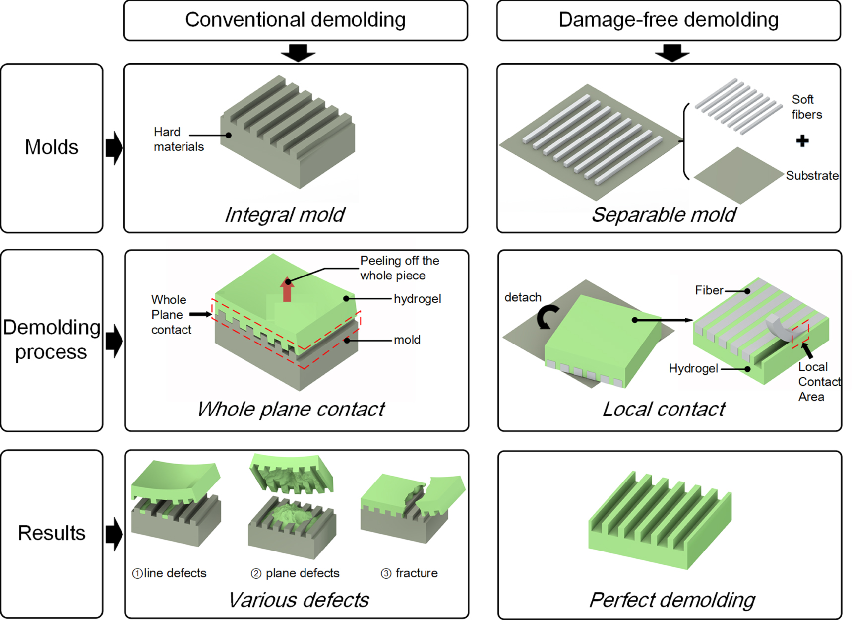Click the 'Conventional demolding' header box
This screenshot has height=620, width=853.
[296, 20]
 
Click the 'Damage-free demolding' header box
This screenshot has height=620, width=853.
[668, 20]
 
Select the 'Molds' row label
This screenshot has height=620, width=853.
[52, 147]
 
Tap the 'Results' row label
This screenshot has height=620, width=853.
[52, 533]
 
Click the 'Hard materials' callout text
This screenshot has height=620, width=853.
[178, 139]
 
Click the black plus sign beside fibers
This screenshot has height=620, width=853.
[802, 141]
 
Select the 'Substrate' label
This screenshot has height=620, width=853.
[811, 175]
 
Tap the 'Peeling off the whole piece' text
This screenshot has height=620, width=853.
[399, 268]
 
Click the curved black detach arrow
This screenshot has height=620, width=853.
[547, 317]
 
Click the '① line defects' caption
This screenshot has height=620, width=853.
[169, 573]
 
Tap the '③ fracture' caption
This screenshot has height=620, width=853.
[409, 573]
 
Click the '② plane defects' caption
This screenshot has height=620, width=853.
[295, 573]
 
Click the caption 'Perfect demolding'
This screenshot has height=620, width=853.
[671, 600]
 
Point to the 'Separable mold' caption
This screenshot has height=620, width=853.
[664, 215]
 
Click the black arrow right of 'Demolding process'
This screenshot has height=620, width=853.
[114, 341]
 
